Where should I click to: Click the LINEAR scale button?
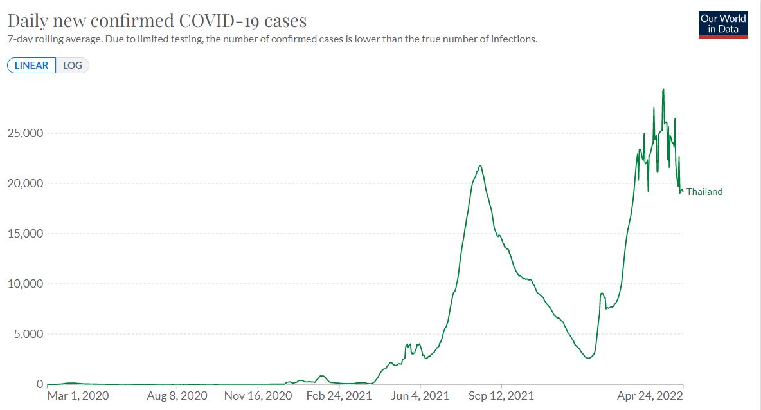31,66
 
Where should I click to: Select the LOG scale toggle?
72,66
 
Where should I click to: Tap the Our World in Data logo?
723,24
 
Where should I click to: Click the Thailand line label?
704,191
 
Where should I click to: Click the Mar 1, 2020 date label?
78,395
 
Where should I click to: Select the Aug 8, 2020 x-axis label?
177,395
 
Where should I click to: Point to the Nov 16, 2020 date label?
258,395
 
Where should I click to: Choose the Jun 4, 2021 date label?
420,395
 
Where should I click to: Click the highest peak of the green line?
663,89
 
